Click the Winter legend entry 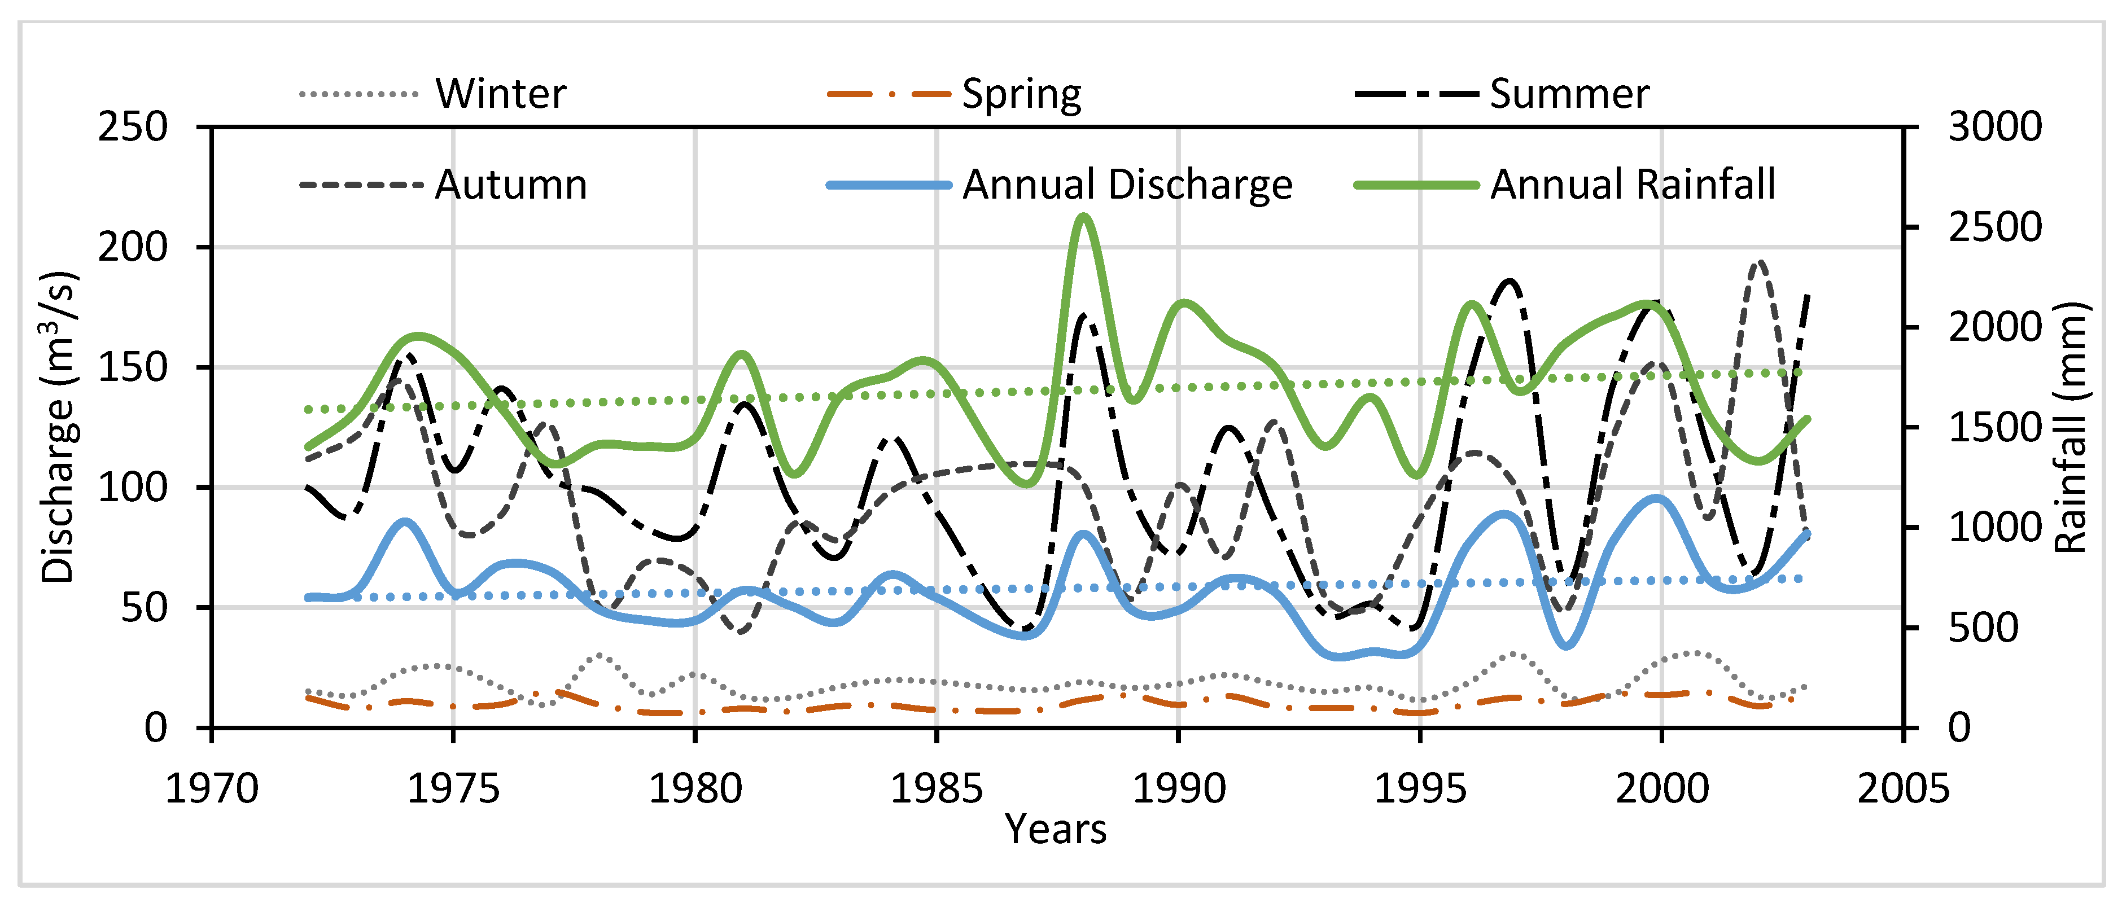point(500,94)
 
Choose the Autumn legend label point(511,185)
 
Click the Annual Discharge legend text point(1127,185)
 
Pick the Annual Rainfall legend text point(1632,185)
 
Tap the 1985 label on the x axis point(937,789)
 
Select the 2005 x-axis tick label point(1903,789)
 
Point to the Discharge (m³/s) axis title point(59,427)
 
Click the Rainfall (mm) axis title point(2070,427)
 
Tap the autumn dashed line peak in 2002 point(1758,262)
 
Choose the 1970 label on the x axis point(212,789)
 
